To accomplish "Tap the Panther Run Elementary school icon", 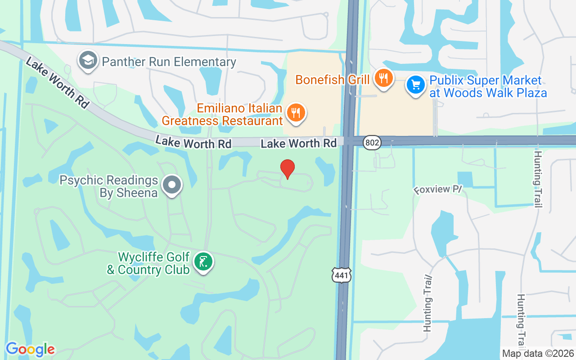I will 88,61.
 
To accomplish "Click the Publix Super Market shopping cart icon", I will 415,85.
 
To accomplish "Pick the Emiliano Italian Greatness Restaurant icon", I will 295,112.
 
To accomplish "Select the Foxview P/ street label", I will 438,189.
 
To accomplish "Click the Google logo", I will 30,349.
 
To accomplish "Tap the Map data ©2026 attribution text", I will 538,353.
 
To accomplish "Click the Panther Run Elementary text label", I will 169,62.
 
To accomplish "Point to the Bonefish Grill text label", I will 333,80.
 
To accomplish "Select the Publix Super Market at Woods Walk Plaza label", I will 488,87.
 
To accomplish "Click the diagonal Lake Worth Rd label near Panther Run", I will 57,82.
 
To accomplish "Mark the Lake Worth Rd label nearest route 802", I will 299,143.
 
